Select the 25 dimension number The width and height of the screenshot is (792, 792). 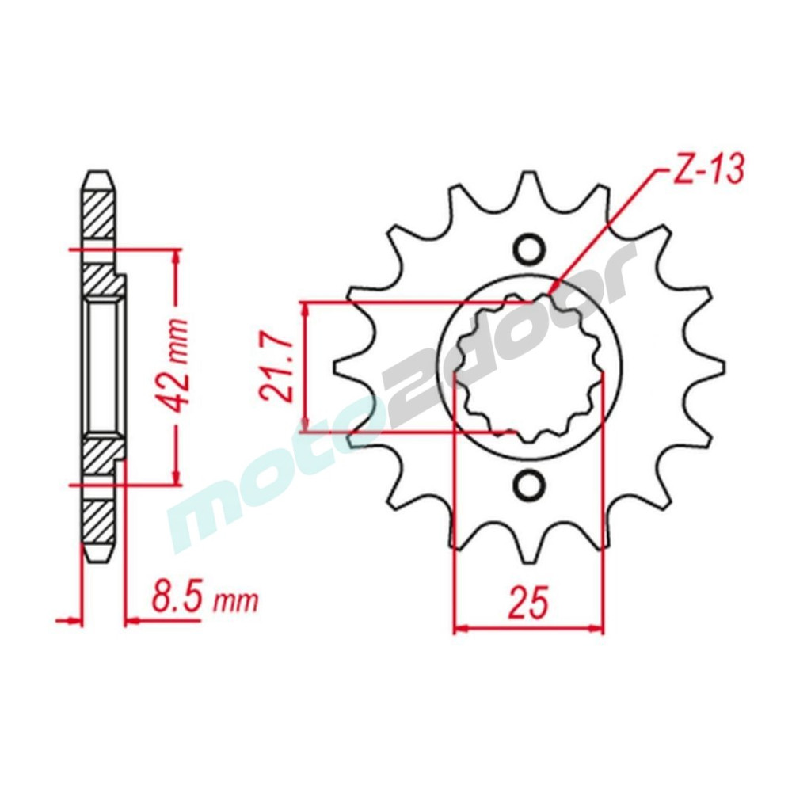click(x=528, y=602)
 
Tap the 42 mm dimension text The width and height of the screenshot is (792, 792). click(x=175, y=366)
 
